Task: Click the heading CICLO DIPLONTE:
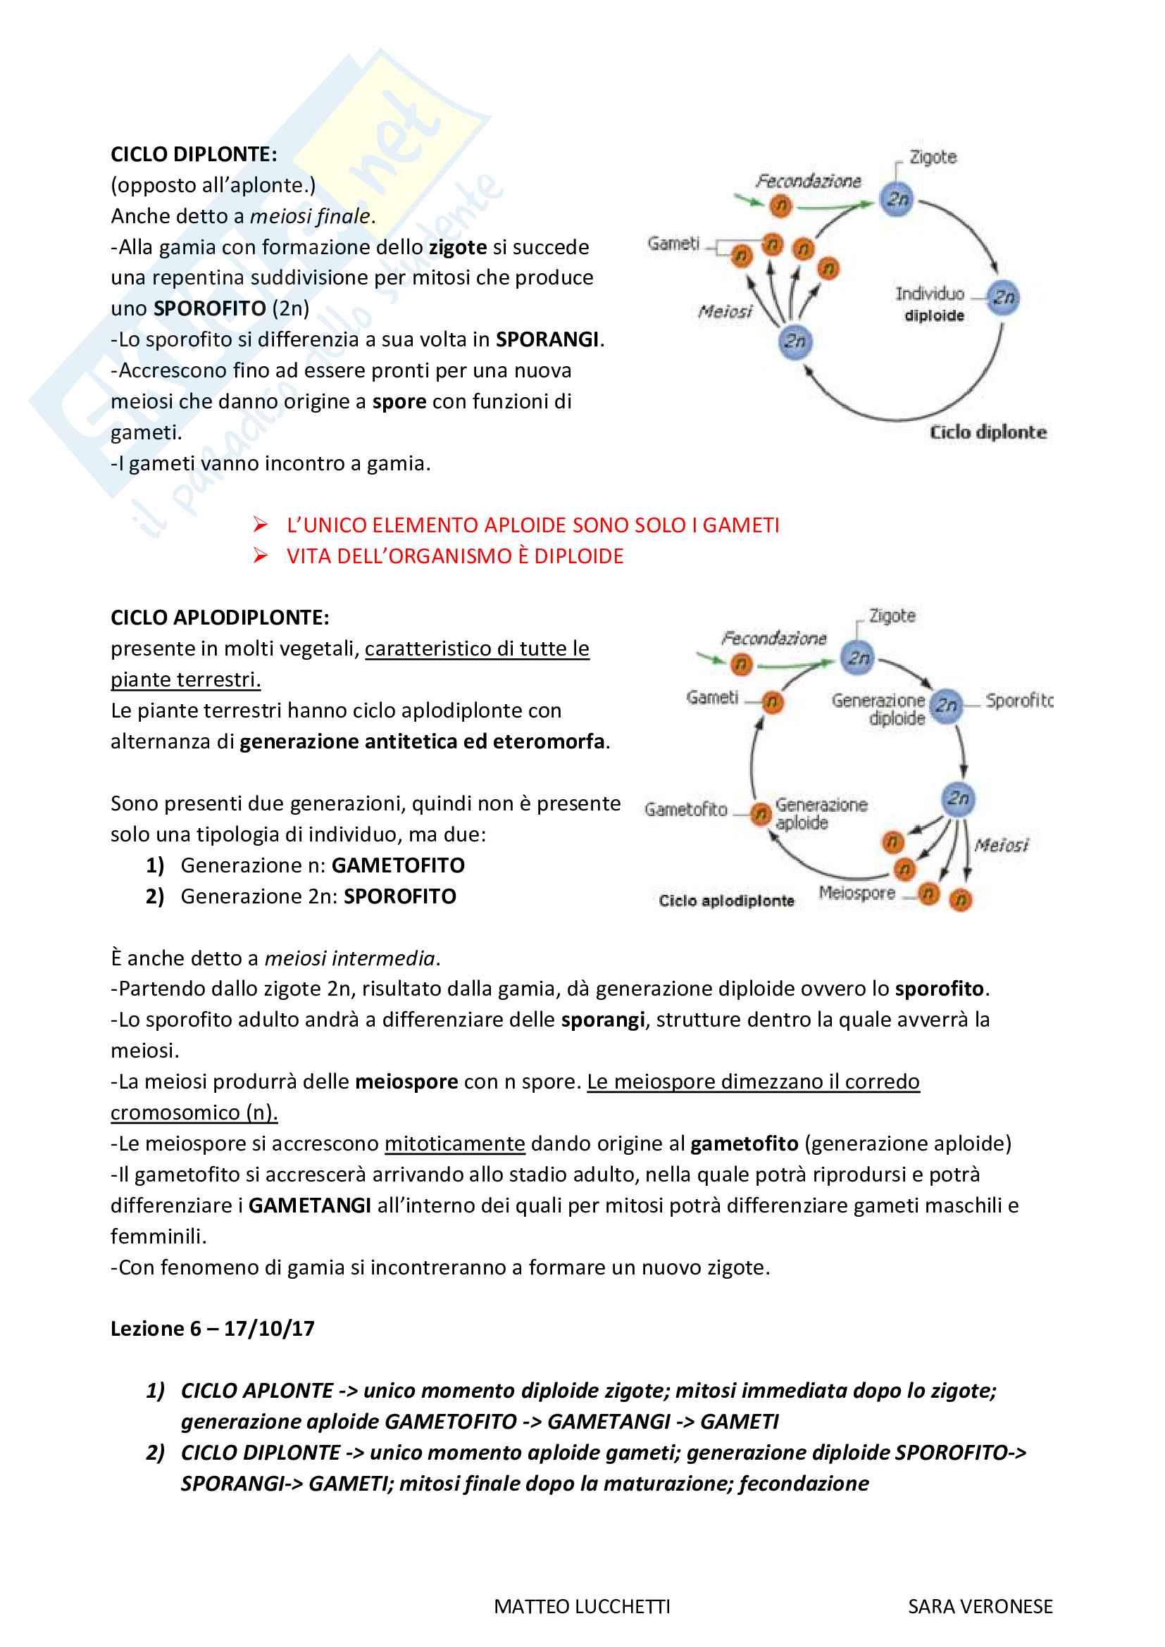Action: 194,154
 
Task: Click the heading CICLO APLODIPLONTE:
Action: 220,617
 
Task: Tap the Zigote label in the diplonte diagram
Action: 933,157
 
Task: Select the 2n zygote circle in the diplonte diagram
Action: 897,199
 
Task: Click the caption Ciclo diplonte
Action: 988,432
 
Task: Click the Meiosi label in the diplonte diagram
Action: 725,311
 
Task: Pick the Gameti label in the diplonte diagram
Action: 673,244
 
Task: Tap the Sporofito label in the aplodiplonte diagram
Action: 1018,700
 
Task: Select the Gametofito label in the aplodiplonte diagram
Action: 686,809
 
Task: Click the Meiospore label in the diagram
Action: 856,892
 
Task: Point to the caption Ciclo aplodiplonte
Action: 726,901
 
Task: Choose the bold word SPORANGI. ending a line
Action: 549,339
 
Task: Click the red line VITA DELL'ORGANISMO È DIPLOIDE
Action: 455,556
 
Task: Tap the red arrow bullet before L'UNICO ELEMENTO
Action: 261,525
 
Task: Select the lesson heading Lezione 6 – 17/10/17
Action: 212,1329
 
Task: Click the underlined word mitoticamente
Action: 455,1144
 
